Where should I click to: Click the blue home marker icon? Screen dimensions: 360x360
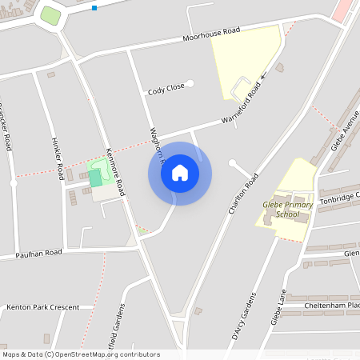(179, 173)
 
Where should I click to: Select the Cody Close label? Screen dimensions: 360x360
(166, 90)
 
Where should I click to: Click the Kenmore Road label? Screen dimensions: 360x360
(116, 172)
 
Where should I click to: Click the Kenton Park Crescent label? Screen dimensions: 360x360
(42, 306)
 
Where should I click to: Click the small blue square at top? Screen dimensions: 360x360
(94, 8)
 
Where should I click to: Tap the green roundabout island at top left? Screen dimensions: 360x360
(50, 15)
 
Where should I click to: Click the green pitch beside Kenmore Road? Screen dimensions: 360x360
(96, 178)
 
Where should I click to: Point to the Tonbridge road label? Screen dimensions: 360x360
(340, 198)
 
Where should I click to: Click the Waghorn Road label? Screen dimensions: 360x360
(156, 145)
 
